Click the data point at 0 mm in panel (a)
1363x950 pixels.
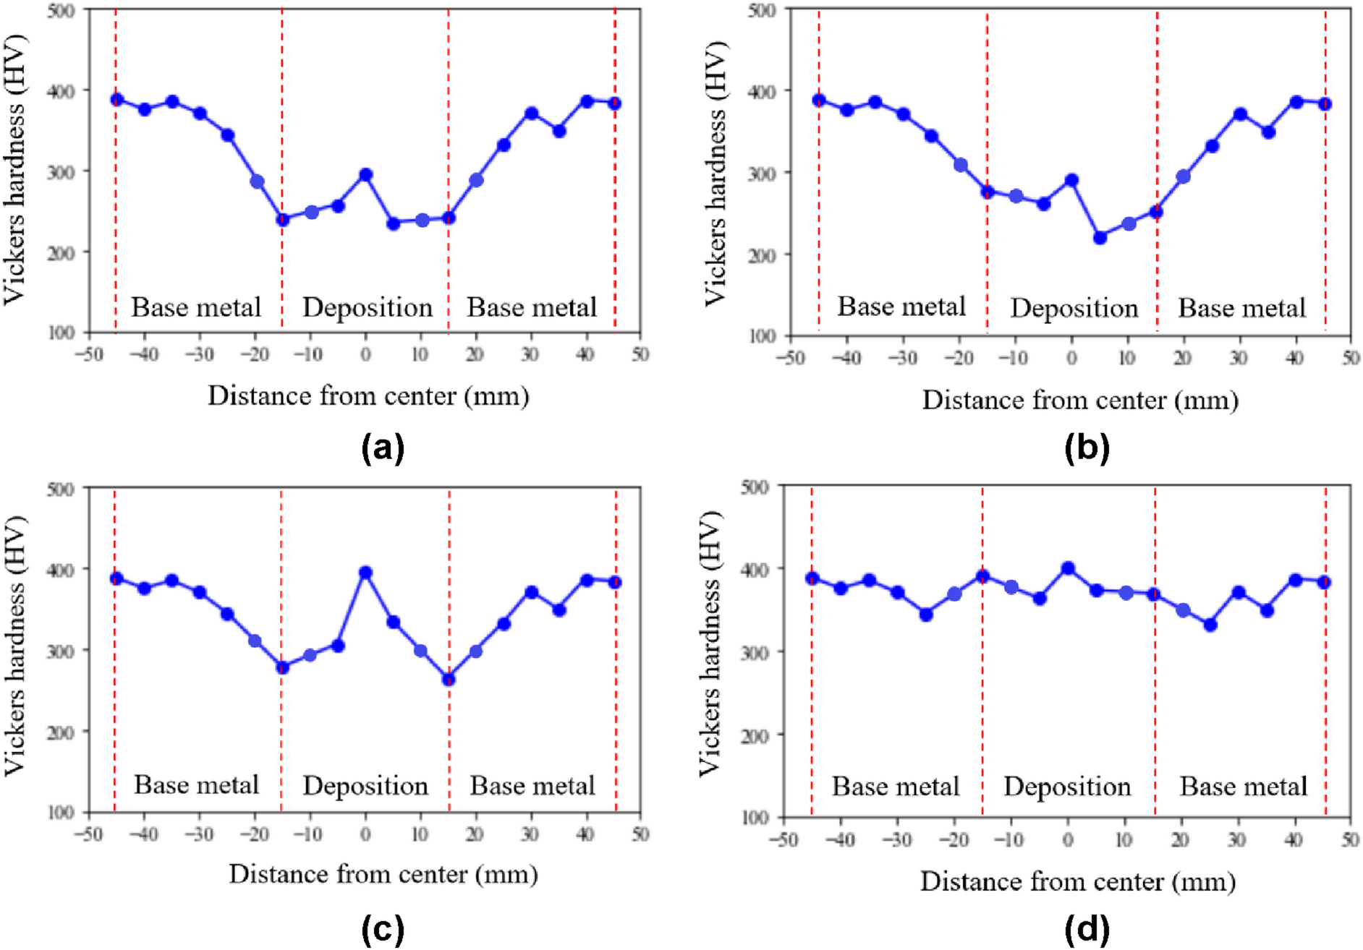click(365, 175)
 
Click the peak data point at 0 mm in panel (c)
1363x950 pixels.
click(365, 573)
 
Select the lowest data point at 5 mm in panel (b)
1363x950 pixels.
click(1100, 237)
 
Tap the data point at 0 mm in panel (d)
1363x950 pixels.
click(1068, 568)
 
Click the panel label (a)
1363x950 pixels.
click(383, 448)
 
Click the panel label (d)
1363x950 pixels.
click(1086, 928)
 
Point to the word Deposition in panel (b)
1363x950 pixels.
click(1074, 309)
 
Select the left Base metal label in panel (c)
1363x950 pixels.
click(196, 785)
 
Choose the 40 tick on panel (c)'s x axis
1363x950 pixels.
click(585, 835)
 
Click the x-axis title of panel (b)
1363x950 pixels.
click(1079, 401)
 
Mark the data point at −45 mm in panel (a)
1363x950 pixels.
click(116, 100)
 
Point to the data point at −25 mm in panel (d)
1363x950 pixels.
click(925, 615)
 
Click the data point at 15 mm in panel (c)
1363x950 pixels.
click(449, 679)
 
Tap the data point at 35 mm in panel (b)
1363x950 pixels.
click(1268, 132)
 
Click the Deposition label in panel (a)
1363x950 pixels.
click(367, 308)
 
